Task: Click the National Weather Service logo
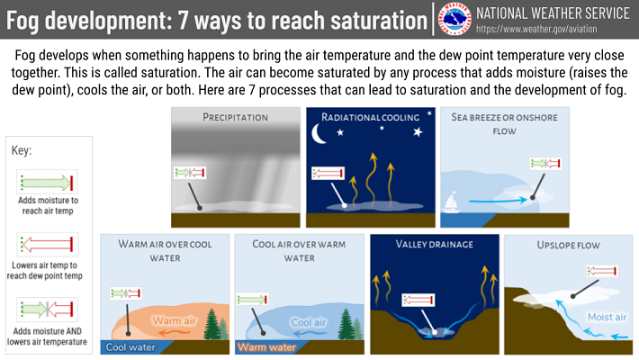click(454, 19)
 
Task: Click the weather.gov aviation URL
click(536, 30)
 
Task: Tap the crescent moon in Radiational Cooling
click(319, 134)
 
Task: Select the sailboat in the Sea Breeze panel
click(451, 202)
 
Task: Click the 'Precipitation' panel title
click(236, 117)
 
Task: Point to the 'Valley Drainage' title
click(435, 244)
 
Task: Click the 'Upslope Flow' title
click(569, 245)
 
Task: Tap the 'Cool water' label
click(130, 347)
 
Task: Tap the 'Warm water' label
click(267, 347)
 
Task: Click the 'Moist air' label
click(607, 317)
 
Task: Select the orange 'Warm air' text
click(174, 321)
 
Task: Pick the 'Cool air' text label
click(309, 322)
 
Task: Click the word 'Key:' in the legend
click(22, 150)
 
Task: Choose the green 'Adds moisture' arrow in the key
click(47, 182)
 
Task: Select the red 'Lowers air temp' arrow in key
click(48, 245)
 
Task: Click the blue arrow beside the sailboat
click(498, 201)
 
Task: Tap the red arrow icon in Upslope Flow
click(602, 271)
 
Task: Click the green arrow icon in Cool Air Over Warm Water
click(252, 300)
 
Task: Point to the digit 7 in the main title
click(183, 20)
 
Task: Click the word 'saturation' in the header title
click(379, 20)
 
